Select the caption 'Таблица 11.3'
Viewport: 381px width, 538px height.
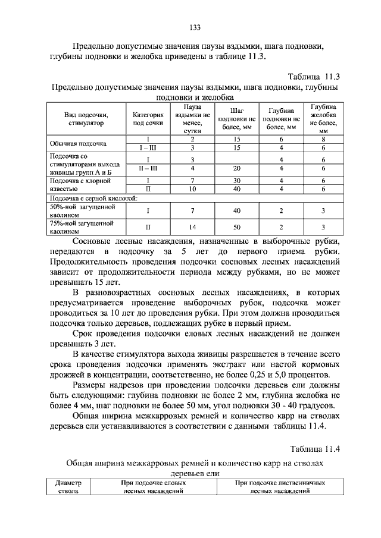click(313, 77)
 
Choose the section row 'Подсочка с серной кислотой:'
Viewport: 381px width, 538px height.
click(95, 197)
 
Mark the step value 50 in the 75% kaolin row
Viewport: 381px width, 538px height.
click(237, 226)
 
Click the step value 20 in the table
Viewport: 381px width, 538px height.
click(237, 168)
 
